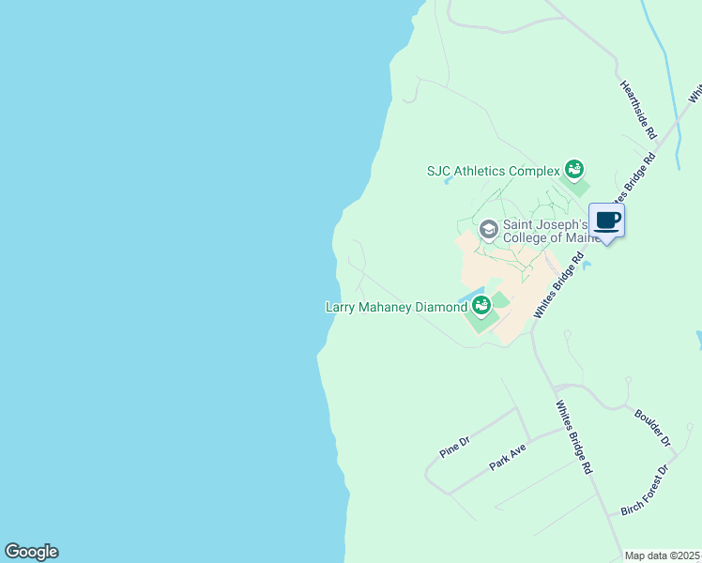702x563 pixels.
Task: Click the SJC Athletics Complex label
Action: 493,171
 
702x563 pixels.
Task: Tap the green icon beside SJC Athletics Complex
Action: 573,170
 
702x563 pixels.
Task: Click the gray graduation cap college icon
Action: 488,229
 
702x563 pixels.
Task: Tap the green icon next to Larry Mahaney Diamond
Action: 481,305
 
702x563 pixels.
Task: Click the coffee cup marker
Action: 606,221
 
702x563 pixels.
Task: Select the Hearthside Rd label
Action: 637,110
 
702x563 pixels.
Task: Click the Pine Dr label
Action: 454,447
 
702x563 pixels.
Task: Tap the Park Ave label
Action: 508,458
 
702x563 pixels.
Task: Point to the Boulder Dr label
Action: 653,427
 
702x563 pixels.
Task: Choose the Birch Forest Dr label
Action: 645,490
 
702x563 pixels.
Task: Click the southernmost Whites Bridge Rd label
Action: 574,436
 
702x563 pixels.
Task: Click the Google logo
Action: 31,552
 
